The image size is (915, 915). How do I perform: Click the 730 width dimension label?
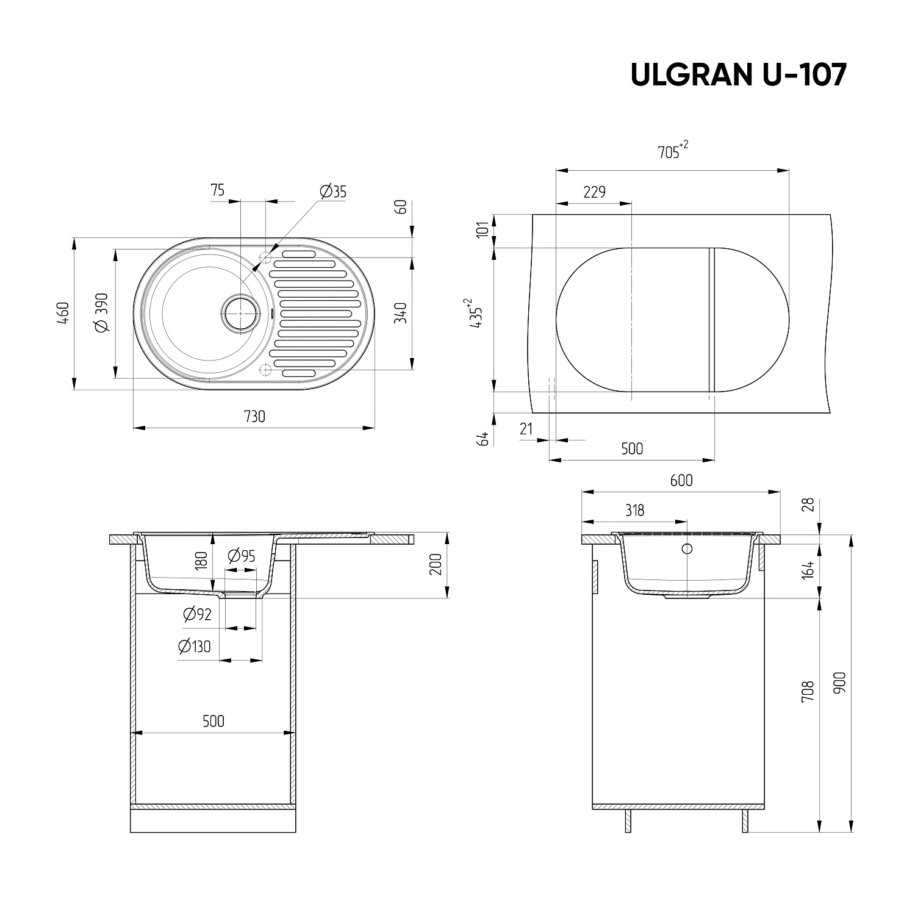pyautogui.click(x=254, y=417)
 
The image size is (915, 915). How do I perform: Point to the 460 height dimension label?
pyautogui.click(x=64, y=312)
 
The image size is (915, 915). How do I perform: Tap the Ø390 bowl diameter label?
pyautogui.click(x=102, y=312)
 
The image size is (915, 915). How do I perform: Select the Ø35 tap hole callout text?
pyautogui.click(x=332, y=192)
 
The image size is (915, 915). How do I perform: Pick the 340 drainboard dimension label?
pyautogui.click(x=400, y=312)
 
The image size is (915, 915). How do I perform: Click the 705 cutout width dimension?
pyautogui.click(x=673, y=150)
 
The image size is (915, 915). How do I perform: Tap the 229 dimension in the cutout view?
pyautogui.click(x=594, y=192)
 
